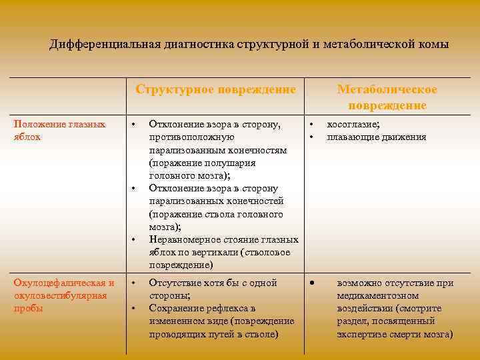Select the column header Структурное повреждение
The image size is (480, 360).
(x=215, y=89)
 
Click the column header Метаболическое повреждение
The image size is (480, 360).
(x=387, y=97)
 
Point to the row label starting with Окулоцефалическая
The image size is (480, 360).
(x=64, y=283)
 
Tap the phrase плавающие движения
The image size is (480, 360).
(x=377, y=137)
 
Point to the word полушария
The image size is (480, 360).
(x=233, y=163)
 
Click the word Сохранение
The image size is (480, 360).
(x=175, y=308)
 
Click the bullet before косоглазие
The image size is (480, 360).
(x=311, y=125)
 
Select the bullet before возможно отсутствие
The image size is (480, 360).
(x=311, y=283)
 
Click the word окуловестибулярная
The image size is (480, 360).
(x=60, y=295)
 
